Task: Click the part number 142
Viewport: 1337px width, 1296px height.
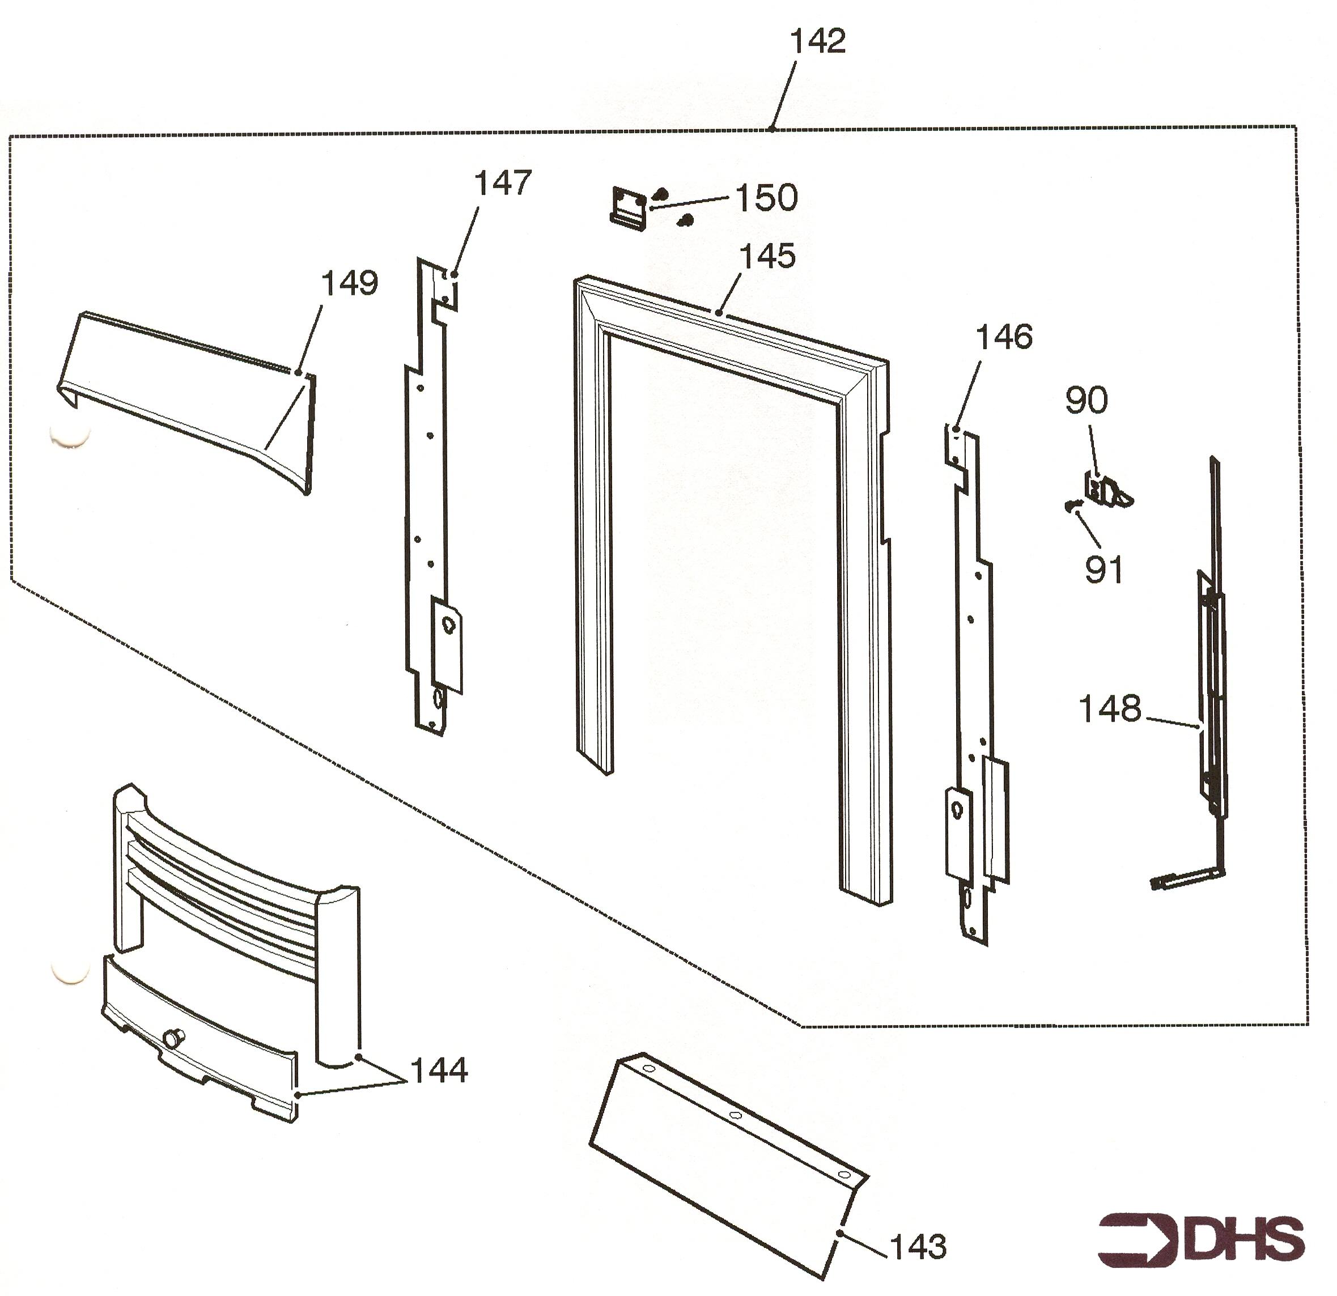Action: [x=818, y=41]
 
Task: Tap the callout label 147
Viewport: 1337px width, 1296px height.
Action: [x=503, y=184]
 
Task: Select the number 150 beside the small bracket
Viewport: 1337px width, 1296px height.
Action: [x=767, y=198]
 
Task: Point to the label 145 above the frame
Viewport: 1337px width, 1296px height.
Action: [x=767, y=257]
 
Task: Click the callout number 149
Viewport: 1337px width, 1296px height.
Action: [x=349, y=283]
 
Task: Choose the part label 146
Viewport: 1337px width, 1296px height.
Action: [x=1004, y=337]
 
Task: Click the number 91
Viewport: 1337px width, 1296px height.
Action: [x=1103, y=570]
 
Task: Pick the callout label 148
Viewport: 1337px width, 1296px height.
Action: [x=1110, y=709]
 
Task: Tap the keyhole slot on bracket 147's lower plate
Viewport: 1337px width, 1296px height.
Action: [x=448, y=623]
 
